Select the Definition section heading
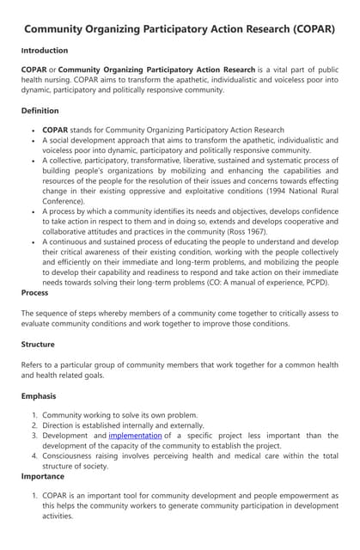[x=40, y=111]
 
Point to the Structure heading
[x=39, y=344]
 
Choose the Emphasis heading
[x=39, y=396]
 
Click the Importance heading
[x=43, y=476]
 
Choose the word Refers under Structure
[x=36, y=364]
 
